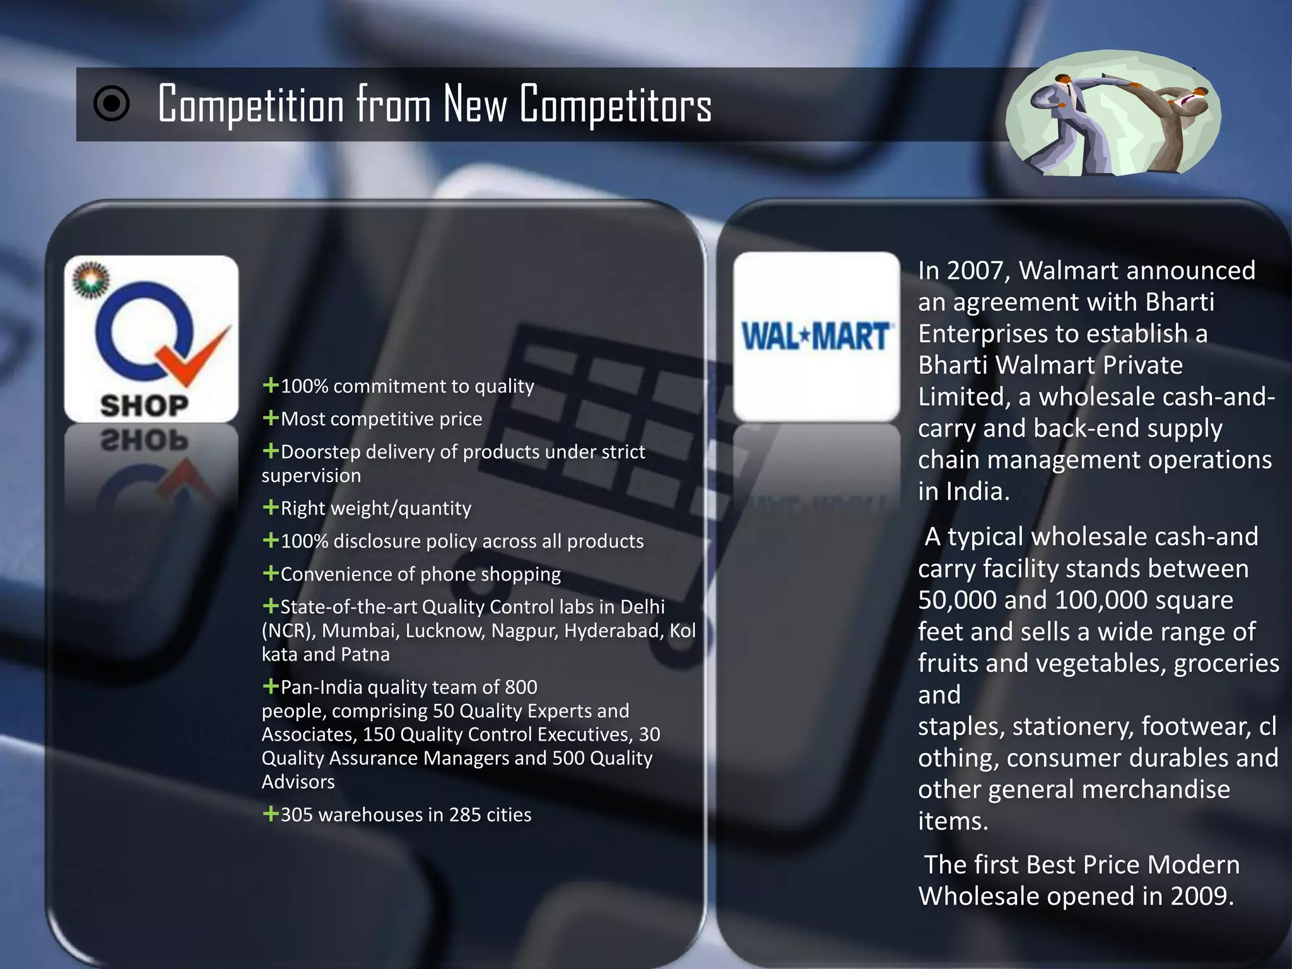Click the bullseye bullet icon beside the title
tap(112, 103)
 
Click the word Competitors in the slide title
tap(616, 104)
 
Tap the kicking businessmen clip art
tap(1113, 114)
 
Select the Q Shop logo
tap(151, 339)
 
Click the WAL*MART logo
tap(816, 336)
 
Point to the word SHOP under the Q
tap(144, 406)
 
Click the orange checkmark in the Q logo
tap(194, 356)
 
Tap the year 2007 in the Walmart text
tap(978, 271)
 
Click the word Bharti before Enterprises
tap(1179, 302)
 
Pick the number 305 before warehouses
tap(297, 814)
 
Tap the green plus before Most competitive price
tap(271, 418)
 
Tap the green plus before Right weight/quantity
tap(271, 507)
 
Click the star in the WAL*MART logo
tap(803, 336)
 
